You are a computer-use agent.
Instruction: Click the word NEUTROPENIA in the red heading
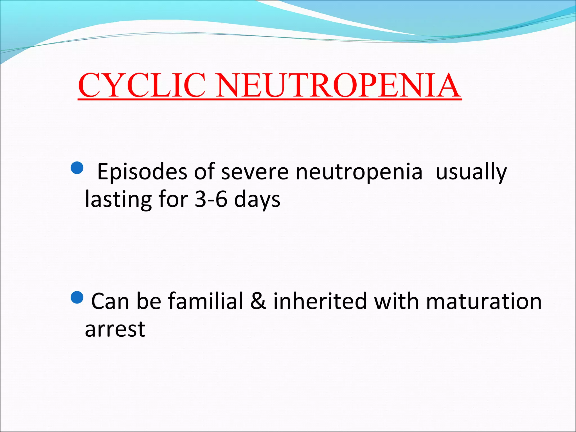tap(338, 85)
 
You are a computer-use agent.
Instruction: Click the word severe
tap(255, 172)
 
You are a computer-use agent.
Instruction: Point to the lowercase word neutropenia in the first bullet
tap(359, 172)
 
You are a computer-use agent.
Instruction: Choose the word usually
tap(471, 172)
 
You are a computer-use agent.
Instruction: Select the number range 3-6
tap(211, 199)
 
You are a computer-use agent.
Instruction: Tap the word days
tap(257, 199)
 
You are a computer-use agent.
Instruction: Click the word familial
tap(205, 301)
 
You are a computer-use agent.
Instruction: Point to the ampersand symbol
tap(258, 301)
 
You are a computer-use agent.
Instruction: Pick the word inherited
tap(320, 301)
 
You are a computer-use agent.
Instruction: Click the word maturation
tap(483, 301)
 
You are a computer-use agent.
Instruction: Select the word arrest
tap(115, 329)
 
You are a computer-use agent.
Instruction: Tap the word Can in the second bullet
tap(110, 301)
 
